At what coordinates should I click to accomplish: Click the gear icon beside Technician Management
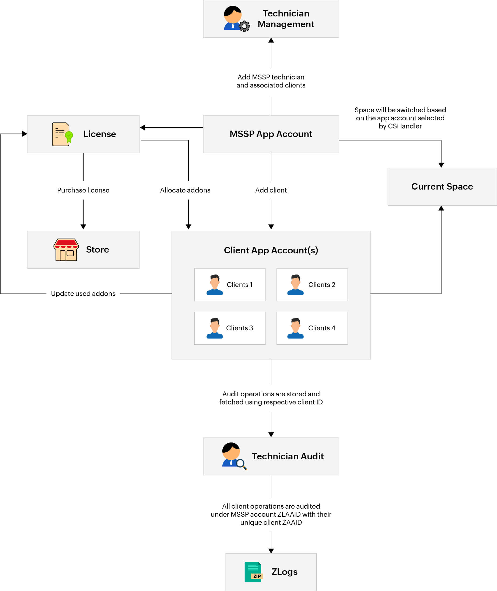244,26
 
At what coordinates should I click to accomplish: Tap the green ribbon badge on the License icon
69,136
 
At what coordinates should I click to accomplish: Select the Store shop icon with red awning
66,250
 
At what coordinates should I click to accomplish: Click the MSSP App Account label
271,134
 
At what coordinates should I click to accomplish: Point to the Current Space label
442,187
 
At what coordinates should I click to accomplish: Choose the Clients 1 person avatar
215,285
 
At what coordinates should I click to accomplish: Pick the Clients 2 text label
321,285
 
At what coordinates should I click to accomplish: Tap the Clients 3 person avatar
215,328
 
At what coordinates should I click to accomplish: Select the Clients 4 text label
321,328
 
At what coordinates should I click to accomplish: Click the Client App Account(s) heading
271,250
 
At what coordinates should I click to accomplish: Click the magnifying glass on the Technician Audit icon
241,463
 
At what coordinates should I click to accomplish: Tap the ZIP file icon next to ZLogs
253,572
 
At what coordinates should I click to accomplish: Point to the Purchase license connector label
83,190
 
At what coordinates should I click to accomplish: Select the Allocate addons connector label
185,190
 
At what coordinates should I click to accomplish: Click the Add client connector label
271,190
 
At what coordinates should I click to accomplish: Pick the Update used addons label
83,293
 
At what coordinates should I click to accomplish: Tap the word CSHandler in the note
405,126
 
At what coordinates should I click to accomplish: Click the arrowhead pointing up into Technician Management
271,40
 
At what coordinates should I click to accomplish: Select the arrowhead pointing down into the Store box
83,226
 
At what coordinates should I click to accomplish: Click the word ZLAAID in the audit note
289,514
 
